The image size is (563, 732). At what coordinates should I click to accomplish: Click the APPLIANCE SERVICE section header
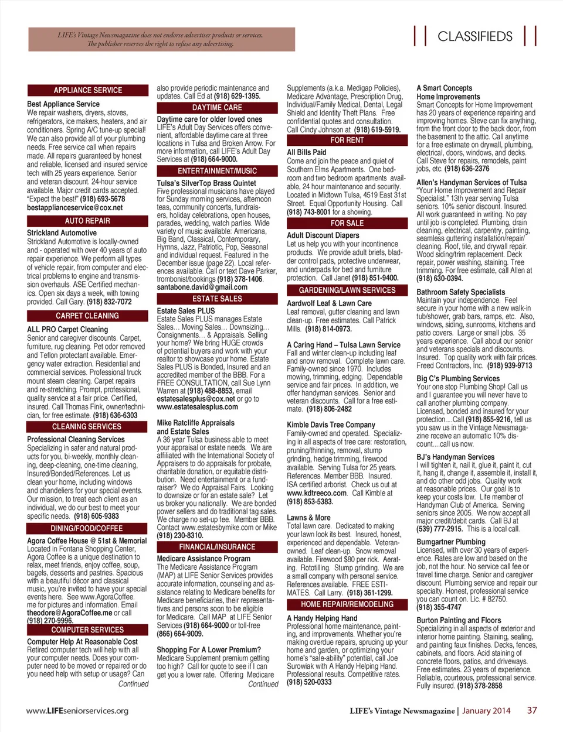(x=87, y=90)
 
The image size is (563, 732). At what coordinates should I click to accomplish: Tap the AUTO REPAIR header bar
(x=87, y=221)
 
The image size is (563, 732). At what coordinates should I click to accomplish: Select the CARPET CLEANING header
(x=87, y=316)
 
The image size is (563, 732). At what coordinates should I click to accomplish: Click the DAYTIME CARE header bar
(x=217, y=108)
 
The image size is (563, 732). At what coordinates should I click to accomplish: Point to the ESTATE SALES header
(x=217, y=299)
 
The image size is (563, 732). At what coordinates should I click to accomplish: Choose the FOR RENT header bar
(x=347, y=141)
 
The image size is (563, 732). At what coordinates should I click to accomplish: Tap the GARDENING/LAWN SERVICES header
(x=347, y=290)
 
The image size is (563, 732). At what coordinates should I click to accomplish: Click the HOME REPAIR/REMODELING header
(x=347, y=604)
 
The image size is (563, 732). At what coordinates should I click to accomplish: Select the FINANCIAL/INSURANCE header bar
(x=217, y=547)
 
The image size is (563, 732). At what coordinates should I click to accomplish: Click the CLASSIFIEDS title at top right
(x=475, y=36)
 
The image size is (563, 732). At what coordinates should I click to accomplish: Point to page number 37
(x=532, y=710)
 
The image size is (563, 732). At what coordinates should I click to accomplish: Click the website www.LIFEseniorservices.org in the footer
(x=77, y=711)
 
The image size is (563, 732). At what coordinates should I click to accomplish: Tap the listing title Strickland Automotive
(x=62, y=233)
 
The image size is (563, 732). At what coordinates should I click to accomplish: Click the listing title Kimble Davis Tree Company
(x=331, y=425)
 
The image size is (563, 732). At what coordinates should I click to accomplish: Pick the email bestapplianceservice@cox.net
(x=75, y=207)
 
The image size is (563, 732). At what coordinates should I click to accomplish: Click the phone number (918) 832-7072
(x=109, y=302)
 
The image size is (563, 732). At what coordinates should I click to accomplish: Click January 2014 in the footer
(x=486, y=711)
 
